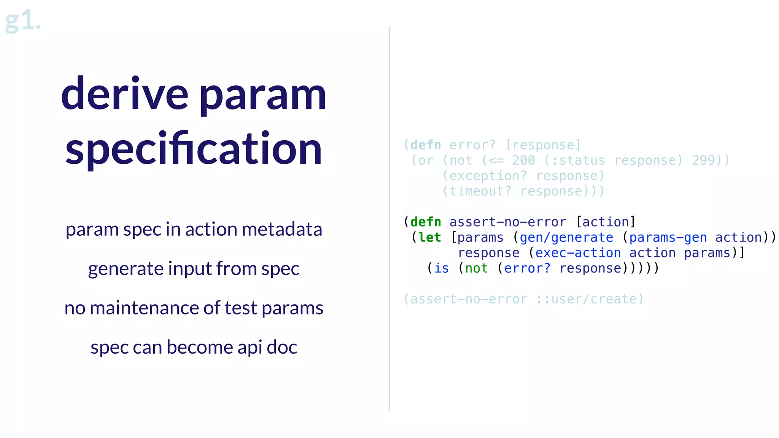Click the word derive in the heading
tap(124, 94)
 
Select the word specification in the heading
tap(194, 149)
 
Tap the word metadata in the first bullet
tap(281, 229)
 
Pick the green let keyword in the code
tap(429, 238)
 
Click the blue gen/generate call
tap(566, 238)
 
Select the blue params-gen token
tap(668, 238)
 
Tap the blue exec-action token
tap(578, 253)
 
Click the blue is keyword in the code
tap(442, 268)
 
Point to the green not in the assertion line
tap(476, 268)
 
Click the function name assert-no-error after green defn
tap(508, 222)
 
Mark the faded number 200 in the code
tap(523, 160)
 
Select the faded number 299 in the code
tap(703, 160)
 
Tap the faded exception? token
tap(488, 176)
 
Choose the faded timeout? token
tap(480, 191)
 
